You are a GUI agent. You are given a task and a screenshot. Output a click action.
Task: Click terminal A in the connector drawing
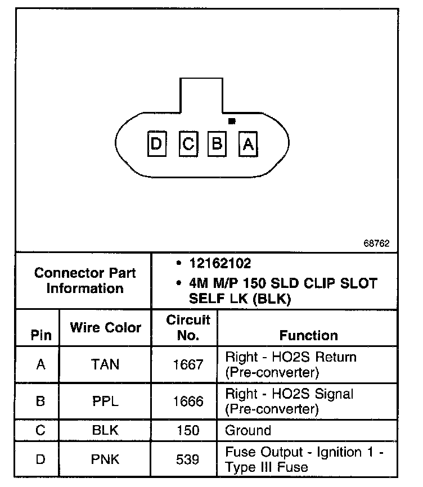coord(247,145)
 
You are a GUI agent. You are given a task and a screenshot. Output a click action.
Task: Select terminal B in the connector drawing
coord(217,145)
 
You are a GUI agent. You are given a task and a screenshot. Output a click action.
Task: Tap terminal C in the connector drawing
coord(188,145)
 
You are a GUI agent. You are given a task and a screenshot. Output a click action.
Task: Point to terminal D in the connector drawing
coord(156,145)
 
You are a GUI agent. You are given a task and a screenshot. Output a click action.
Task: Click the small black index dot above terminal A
coord(232,121)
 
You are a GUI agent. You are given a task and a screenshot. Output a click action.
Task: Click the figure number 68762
coord(376,243)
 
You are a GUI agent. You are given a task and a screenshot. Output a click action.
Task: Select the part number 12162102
coord(220,263)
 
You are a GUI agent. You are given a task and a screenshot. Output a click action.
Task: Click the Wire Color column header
coord(105,327)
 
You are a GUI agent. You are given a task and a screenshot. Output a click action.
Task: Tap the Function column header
coord(308,336)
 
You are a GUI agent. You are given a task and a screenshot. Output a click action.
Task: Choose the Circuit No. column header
coord(188,328)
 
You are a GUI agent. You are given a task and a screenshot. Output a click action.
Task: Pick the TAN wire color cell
coord(105,364)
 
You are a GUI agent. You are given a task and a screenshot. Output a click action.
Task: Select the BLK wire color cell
coord(105,431)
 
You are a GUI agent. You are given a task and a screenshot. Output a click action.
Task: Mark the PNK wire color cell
coord(105,459)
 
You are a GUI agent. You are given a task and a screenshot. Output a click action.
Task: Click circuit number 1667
coord(188,364)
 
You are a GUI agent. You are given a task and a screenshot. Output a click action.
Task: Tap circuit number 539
coord(188,459)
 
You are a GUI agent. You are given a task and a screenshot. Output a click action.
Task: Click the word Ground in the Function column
coord(248,431)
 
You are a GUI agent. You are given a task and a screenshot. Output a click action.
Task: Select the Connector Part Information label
coord(85,281)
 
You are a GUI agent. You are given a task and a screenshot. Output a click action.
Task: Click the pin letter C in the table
coord(40,431)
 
